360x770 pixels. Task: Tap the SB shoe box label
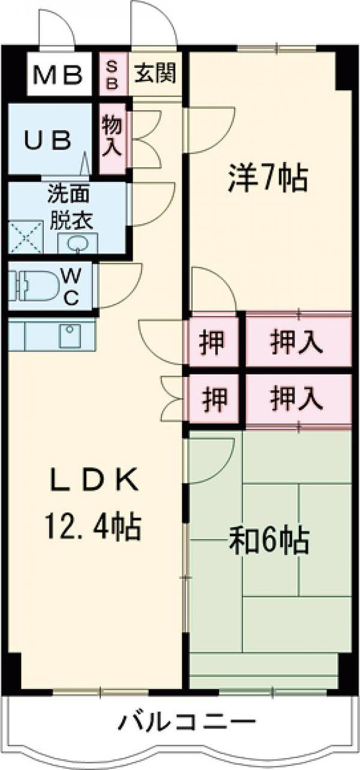(x=112, y=74)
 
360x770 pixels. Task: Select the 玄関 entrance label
(x=155, y=73)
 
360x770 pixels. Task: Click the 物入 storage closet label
(x=112, y=136)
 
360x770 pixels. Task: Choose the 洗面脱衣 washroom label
(x=70, y=207)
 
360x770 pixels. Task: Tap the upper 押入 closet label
(x=297, y=343)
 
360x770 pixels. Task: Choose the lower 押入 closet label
(x=297, y=399)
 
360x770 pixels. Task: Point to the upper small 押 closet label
(x=213, y=343)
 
